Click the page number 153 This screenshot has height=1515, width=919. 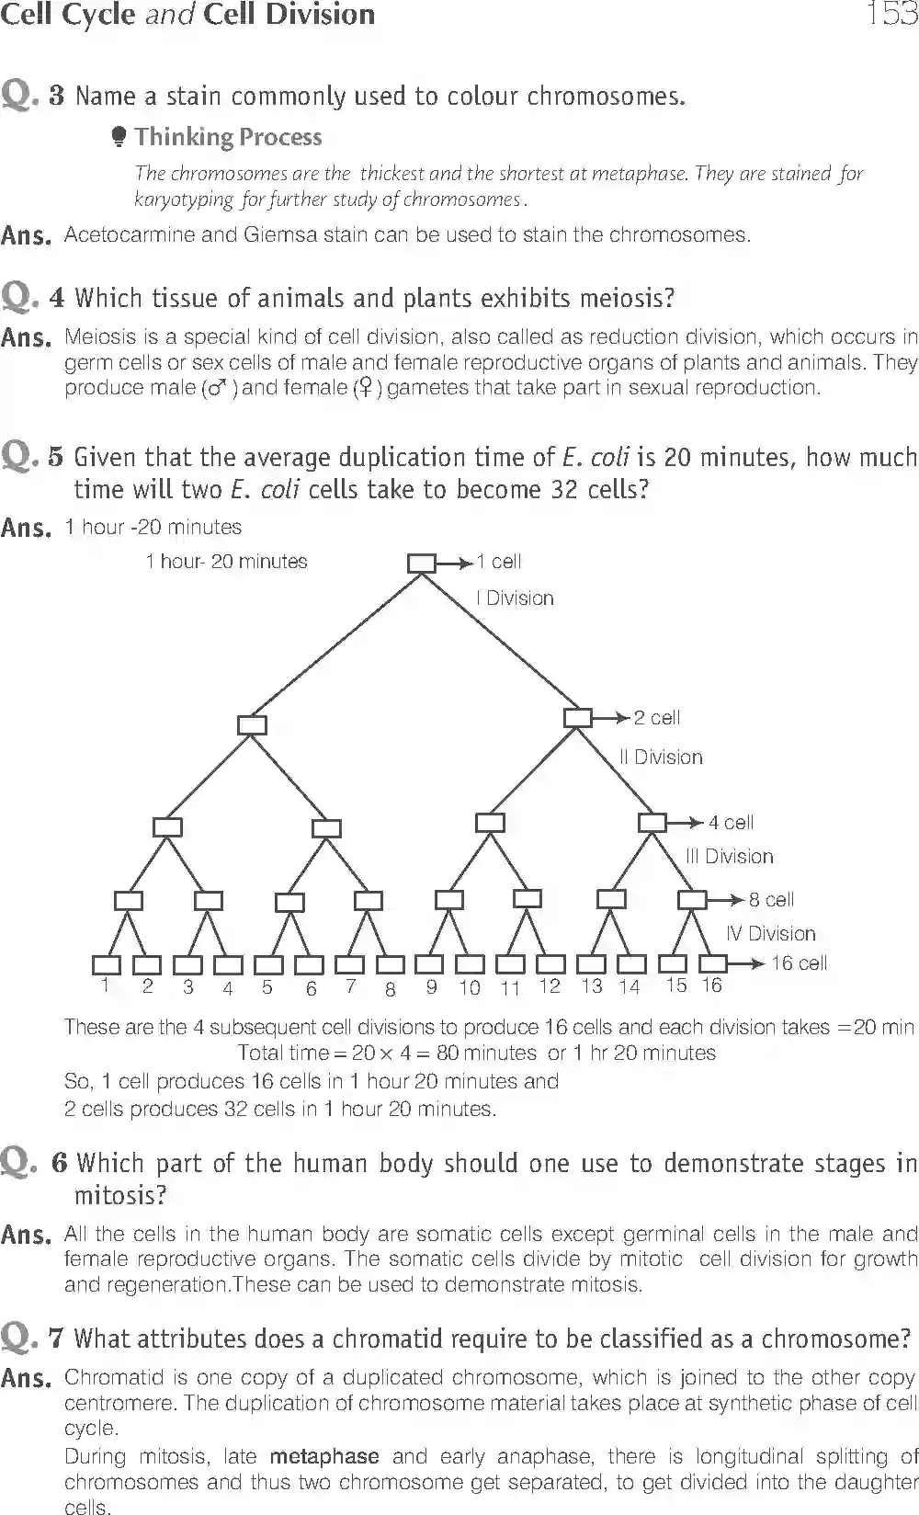(x=891, y=15)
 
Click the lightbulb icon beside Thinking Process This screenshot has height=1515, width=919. (x=119, y=138)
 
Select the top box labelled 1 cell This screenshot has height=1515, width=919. (x=421, y=562)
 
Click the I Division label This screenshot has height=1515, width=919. (x=516, y=598)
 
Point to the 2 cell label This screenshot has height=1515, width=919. (x=657, y=718)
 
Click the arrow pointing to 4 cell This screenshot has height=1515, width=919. (x=686, y=823)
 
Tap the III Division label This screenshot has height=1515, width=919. (x=730, y=857)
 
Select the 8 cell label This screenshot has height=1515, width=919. (x=771, y=900)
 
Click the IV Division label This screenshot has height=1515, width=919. (x=771, y=934)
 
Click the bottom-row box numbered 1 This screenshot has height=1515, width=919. (x=107, y=964)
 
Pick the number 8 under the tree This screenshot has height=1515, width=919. (x=391, y=989)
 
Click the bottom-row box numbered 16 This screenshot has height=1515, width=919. (x=713, y=963)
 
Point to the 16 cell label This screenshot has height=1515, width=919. (x=799, y=963)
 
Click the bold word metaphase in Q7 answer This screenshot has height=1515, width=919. (x=324, y=1457)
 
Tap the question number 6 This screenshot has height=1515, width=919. (x=60, y=1163)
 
